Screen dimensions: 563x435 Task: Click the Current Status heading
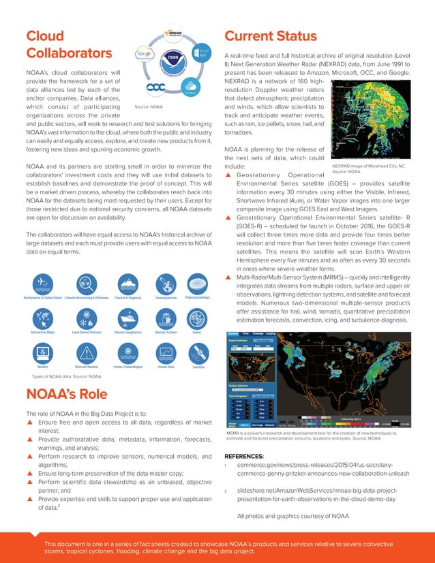[270, 36]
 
